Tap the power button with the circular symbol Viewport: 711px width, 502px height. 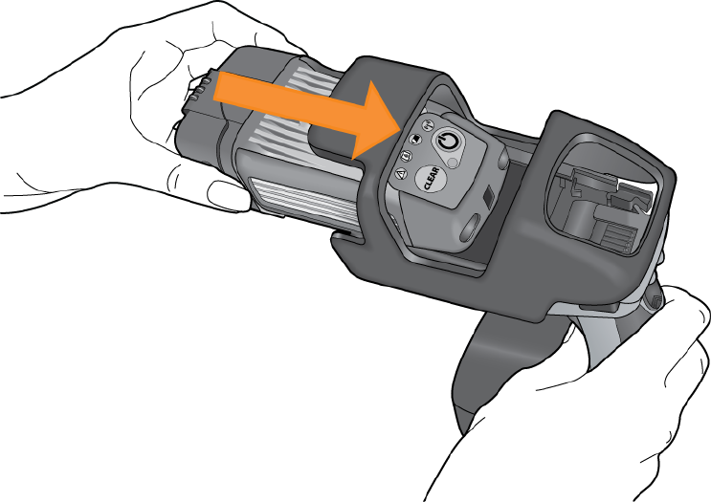tap(448, 142)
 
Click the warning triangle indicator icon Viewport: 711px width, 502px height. tap(400, 173)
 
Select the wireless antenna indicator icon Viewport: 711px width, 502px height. tap(429, 124)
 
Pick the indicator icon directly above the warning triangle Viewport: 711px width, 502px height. tap(407, 156)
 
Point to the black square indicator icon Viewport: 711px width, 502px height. tap(416, 139)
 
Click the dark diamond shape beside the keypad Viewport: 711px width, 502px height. tap(489, 196)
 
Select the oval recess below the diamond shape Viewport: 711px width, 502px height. tap(470, 227)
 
